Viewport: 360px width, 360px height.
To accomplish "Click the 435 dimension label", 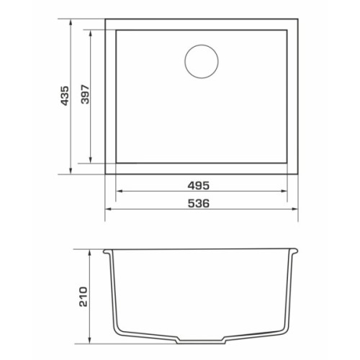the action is [x=65, y=96].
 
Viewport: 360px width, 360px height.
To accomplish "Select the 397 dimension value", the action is [x=85, y=94].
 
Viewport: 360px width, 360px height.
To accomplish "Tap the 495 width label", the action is [x=199, y=186].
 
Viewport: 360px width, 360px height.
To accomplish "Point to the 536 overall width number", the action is [x=199, y=204].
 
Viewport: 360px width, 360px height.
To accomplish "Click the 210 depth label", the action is [x=84, y=297].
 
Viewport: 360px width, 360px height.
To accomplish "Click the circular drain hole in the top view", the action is [x=202, y=61].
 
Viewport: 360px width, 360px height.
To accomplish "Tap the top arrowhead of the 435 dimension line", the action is [x=71, y=22].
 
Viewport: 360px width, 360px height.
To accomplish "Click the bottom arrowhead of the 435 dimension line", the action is [x=71, y=171].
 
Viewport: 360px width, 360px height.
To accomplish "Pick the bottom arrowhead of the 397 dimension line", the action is [x=91, y=160].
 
